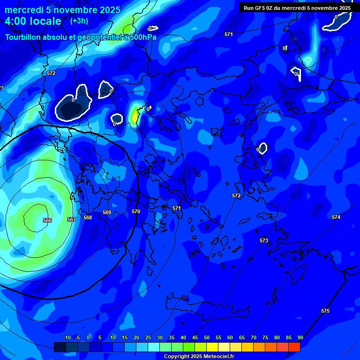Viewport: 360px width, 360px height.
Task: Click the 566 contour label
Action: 47,220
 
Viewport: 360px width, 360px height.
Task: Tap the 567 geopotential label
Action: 72,219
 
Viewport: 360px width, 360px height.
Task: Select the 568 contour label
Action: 88,217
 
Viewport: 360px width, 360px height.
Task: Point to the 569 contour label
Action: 107,213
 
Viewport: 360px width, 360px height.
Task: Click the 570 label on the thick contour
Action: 136,211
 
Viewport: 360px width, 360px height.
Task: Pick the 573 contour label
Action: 264,240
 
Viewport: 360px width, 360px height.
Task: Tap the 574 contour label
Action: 336,217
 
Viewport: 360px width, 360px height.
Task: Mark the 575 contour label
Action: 325,311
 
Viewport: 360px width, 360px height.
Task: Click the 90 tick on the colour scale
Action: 300,337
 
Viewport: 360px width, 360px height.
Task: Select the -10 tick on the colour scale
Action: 67,337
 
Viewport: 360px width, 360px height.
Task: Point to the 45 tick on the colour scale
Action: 195,337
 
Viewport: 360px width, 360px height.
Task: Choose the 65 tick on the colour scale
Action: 241,337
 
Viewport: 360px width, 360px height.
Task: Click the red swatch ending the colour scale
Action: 294,347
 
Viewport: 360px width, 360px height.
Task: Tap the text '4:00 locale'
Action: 33,21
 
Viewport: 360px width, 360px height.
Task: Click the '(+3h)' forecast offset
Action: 79,21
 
